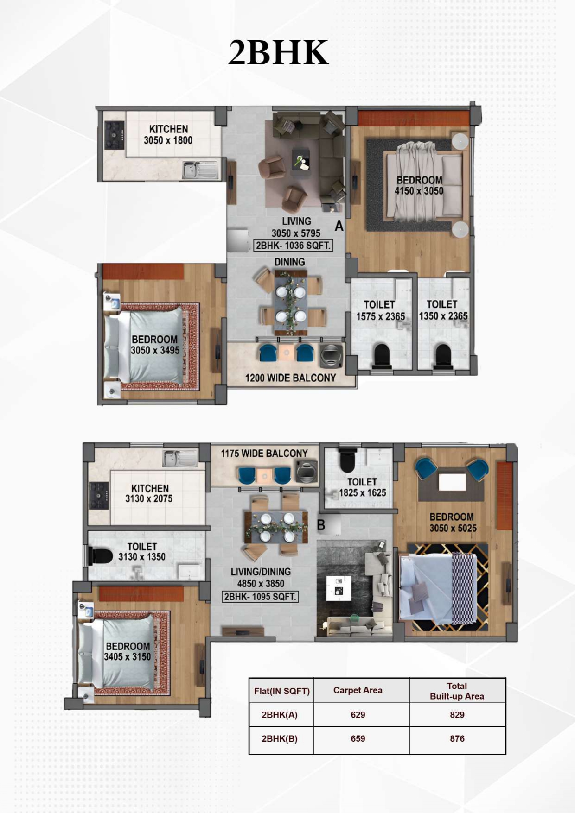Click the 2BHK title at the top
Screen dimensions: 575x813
[278, 52]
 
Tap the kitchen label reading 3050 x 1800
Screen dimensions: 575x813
[168, 140]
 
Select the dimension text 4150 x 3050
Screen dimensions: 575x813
[419, 191]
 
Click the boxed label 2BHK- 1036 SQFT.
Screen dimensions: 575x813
[293, 246]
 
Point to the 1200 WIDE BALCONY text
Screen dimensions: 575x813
[290, 378]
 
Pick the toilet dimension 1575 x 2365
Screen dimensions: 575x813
[381, 316]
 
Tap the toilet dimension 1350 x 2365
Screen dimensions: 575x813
[443, 316]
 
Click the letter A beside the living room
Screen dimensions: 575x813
[339, 226]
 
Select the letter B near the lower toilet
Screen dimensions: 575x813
[321, 525]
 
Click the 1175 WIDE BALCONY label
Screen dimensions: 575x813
[264, 454]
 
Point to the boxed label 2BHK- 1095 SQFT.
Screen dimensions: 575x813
[260, 597]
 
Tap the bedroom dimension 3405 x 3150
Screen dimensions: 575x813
[128, 657]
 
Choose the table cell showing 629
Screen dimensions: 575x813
[358, 715]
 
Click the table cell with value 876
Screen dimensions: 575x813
[457, 738]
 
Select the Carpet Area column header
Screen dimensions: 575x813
[358, 690]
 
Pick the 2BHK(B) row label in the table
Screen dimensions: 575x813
[280, 738]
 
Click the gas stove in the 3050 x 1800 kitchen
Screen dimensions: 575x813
[114, 135]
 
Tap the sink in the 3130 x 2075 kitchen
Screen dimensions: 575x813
[180, 459]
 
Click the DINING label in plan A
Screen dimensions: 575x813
[289, 262]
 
